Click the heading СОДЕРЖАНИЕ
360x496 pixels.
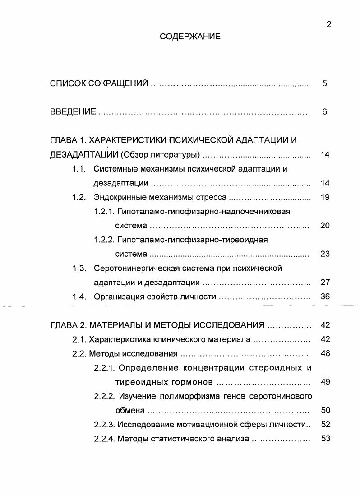coord(190,37)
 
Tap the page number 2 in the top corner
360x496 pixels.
coord(329,25)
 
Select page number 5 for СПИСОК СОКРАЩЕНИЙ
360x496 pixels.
coord(325,83)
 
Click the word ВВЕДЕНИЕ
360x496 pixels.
coord(73,112)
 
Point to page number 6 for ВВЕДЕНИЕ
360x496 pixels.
coord(325,112)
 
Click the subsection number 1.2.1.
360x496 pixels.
coord(104,211)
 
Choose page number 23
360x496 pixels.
coord(325,254)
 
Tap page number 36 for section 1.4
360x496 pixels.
coord(325,297)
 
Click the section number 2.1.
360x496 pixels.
coord(79,339)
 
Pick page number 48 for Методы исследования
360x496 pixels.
coord(325,353)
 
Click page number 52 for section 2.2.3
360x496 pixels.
coord(325,424)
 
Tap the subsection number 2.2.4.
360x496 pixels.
coord(104,438)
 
